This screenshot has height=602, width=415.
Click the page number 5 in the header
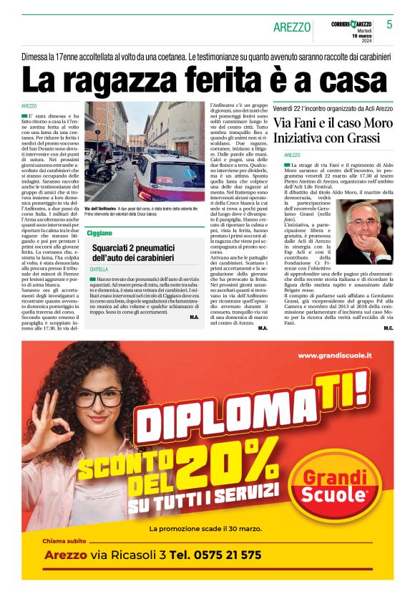click(389, 24)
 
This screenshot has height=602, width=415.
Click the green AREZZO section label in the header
click(292, 27)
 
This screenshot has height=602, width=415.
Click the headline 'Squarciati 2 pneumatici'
click(143, 247)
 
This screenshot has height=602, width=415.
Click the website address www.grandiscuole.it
click(334, 355)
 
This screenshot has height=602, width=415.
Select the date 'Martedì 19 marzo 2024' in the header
click(361, 35)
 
